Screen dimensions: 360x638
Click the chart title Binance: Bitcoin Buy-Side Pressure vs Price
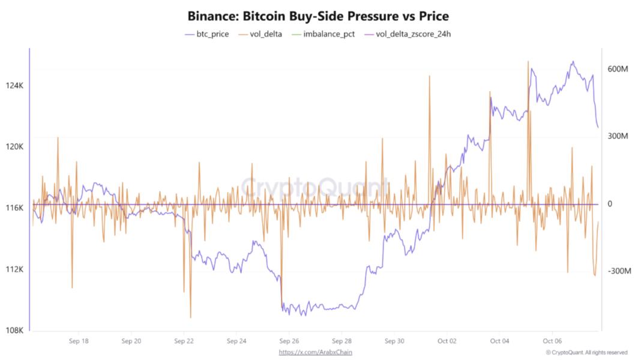pyautogui.click(x=318, y=16)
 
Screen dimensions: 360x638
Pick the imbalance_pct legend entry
pyautogui.click(x=325, y=34)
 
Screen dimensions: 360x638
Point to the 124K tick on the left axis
pyautogui.click(x=14, y=86)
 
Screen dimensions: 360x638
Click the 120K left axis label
pyautogui.click(x=14, y=147)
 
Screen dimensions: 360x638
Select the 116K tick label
pyautogui.click(x=14, y=208)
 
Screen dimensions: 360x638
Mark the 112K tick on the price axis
pyautogui.click(x=14, y=269)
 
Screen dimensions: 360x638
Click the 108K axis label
pyautogui.click(x=14, y=331)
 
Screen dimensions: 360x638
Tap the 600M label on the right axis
pyautogui.click(x=618, y=69)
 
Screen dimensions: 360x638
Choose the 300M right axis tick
pyautogui.click(x=618, y=136)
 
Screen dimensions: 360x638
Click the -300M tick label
pyautogui.click(x=618, y=271)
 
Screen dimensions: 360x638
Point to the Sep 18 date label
pyautogui.click(x=79, y=341)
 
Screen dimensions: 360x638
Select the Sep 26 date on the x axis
pyautogui.click(x=289, y=341)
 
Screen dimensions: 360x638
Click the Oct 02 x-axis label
pyautogui.click(x=447, y=341)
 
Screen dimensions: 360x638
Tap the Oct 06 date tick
pyautogui.click(x=552, y=341)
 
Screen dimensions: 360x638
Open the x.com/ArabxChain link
pyautogui.click(x=316, y=352)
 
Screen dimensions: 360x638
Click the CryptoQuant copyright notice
pyautogui.click(x=586, y=352)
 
